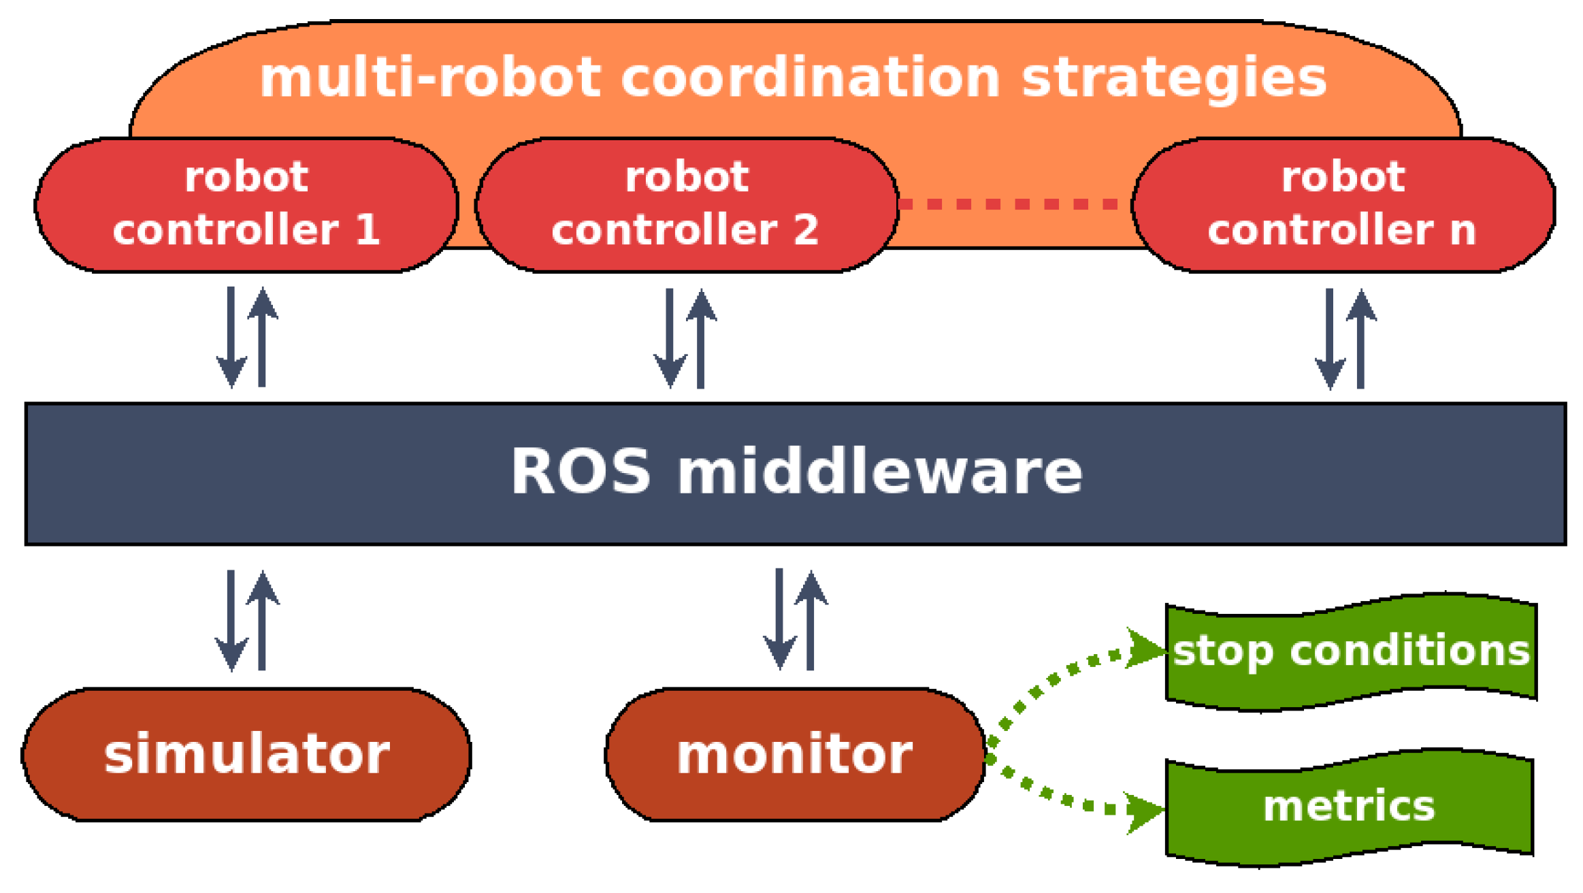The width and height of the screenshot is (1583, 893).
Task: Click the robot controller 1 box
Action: coord(246,204)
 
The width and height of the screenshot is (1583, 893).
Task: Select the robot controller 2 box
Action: coord(686,204)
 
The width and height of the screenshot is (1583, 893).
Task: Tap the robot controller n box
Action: coord(1342,204)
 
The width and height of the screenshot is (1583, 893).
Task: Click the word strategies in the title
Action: coord(1174,78)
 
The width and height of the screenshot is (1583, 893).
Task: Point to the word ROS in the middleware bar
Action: coord(581,471)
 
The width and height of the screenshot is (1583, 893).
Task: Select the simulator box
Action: coord(246,754)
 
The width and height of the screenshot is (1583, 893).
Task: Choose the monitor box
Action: coord(794,754)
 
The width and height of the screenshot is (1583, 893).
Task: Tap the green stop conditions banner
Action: coord(1351,651)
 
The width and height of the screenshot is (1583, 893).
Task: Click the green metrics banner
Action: coord(1349,807)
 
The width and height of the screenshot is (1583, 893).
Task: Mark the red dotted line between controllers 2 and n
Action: coord(1014,204)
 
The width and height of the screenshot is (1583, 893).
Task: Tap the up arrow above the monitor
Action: coord(811,619)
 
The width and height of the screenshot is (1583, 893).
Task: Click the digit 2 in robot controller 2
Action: coord(806,229)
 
